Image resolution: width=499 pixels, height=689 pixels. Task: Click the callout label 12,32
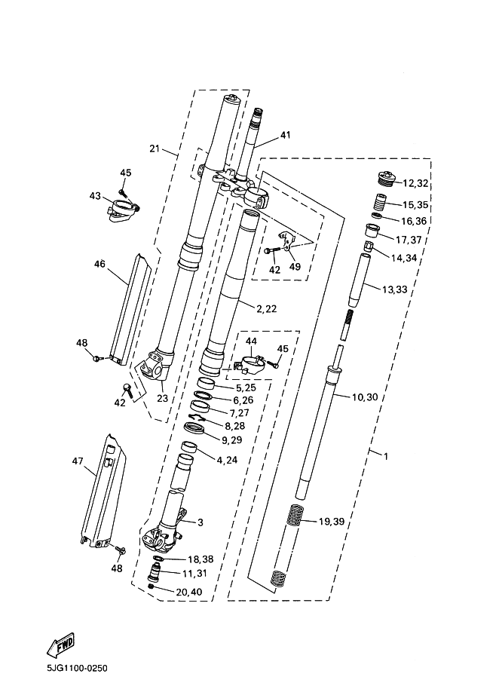[x=415, y=183]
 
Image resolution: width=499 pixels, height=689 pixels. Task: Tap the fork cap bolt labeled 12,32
[x=385, y=179]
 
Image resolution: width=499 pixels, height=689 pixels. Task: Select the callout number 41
[x=285, y=136]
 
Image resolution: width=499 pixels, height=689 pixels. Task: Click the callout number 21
[x=155, y=149]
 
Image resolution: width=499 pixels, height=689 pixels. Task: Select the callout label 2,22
[x=268, y=308]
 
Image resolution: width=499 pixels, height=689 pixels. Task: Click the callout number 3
[x=201, y=522]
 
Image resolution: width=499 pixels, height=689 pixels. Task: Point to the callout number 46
[x=99, y=264]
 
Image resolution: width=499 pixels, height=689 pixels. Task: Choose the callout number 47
[x=77, y=461]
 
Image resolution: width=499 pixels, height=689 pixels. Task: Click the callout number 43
[x=95, y=196]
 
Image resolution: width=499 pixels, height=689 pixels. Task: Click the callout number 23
[x=162, y=399]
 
